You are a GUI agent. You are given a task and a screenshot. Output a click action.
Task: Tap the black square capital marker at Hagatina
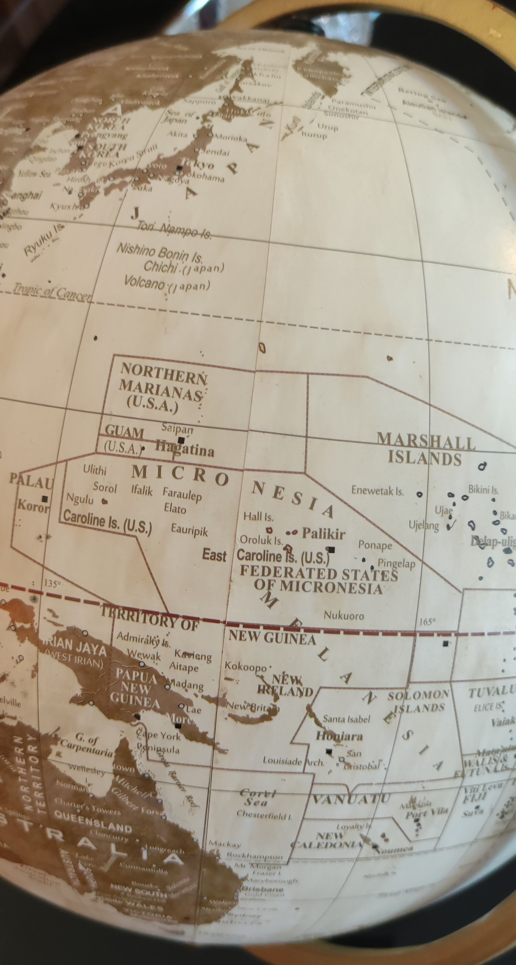(x=181, y=440)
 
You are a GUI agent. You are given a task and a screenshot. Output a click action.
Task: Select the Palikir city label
(x=324, y=533)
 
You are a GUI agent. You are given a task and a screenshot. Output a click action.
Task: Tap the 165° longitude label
(x=427, y=622)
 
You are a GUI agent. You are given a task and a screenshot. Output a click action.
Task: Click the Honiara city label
(x=339, y=736)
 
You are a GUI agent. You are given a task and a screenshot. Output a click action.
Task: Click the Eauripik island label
(x=189, y=530)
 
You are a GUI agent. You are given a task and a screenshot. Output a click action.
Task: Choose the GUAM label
(x=124, y=432)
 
